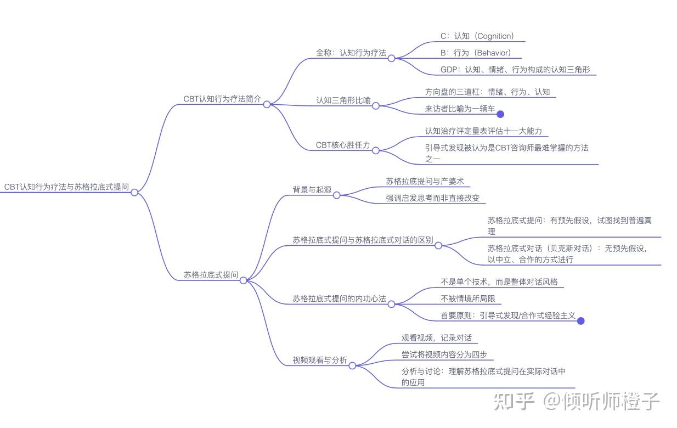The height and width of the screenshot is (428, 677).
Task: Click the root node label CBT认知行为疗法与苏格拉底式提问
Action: coord(66,187)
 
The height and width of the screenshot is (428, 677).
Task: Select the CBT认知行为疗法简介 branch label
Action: coord(222,99)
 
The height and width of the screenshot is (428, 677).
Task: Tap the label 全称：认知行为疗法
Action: coord(351,53)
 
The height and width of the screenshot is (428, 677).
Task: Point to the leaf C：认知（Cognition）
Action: coord(477,36)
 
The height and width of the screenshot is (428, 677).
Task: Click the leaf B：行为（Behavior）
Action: coord(475,53)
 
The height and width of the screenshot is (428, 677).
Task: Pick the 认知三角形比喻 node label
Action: coord(343,101)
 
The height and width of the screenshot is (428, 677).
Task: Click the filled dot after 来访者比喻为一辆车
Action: coord(500,114)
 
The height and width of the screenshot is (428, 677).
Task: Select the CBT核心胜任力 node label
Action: coord(343,145)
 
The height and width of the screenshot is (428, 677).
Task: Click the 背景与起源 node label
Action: coord(312,190)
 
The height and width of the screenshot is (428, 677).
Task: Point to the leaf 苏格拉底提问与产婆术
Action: coord(425,181)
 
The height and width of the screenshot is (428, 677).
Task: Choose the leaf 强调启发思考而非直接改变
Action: coord(432,198)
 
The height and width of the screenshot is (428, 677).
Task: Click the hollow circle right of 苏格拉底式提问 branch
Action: coord(244,280)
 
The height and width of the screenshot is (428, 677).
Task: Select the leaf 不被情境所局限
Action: coord(467,299)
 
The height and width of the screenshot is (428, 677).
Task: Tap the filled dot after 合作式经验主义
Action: coord(581,321)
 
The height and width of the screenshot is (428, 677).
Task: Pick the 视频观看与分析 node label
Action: coord(319,361)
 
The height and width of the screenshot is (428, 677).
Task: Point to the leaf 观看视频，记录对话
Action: coord(436,338)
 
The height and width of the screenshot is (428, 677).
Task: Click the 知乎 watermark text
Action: coord(514,402)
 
